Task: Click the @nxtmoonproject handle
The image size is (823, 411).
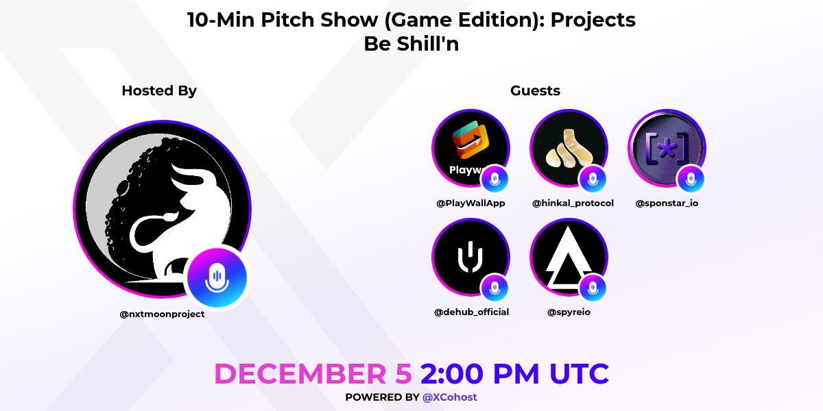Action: point(162,314)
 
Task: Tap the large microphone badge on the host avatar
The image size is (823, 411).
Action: point(217,277)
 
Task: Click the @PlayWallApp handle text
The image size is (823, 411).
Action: point(470,203)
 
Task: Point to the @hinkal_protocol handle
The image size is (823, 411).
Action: point(573,203)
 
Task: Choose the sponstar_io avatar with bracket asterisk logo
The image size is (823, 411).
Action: point(667,149)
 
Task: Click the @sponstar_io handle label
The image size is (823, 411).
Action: point(667,203)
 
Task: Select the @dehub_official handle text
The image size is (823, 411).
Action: point(471,312)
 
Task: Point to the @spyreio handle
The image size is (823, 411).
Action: point(569,312)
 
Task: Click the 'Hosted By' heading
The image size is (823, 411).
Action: point(159,90)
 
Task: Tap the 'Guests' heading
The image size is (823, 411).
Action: point(535,90)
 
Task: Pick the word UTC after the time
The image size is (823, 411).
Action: point(578,374)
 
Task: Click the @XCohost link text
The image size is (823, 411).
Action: point(450,397)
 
